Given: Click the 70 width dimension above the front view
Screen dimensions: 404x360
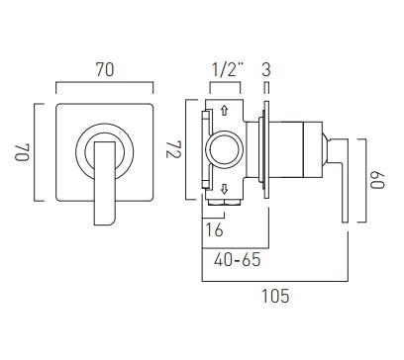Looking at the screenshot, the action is (105, 69).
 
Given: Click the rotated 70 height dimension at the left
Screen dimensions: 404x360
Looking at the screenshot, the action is (22, 151).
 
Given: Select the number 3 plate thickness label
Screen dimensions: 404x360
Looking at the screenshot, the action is (266, 69).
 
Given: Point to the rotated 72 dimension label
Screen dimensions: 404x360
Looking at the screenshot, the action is (174, 149).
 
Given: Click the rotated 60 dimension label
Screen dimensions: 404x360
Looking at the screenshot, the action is (377, 180).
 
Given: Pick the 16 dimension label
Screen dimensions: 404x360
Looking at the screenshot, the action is (214, 229).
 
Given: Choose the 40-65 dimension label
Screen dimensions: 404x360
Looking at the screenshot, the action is (237, 260).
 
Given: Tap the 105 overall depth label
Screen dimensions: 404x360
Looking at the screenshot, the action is (275, 296).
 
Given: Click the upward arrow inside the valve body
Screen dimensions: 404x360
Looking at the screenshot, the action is (225, 110).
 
